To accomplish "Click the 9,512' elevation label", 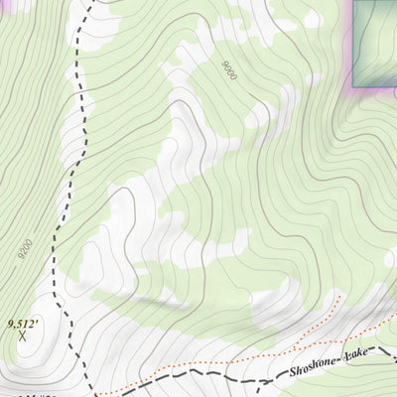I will [x=25, y=323].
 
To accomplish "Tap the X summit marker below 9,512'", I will [x=23, y=337].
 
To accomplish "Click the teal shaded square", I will [x=375, y=43].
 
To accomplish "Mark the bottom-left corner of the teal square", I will [x=354, y=86].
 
